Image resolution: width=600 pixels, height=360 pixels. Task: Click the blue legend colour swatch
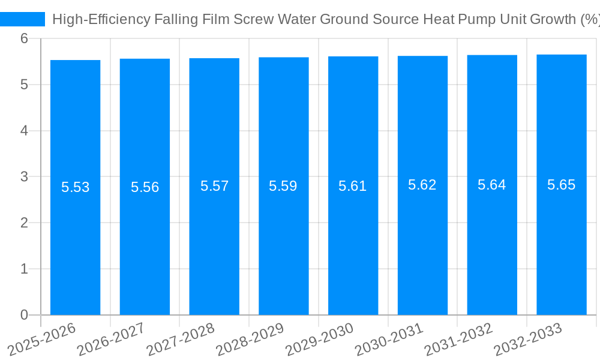(23, 19)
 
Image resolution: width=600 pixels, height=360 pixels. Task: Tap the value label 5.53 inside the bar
(76, 187)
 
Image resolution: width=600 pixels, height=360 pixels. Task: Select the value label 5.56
(145, 187)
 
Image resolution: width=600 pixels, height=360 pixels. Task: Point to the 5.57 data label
(215, 186)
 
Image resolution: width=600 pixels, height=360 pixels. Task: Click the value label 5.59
(283, 186)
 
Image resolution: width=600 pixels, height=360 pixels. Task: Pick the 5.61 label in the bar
(353, 186)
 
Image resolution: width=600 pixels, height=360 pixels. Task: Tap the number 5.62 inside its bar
(422, 185)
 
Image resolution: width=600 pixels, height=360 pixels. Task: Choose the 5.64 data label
(492, 185)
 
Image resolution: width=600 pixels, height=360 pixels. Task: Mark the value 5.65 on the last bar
(562, 185)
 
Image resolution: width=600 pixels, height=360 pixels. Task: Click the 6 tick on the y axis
(24, 38)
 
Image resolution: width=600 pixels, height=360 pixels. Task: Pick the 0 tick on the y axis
(24, 315)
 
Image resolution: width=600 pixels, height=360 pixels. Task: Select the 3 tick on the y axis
(24, 177)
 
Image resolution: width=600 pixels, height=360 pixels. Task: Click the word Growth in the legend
(553, 19)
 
